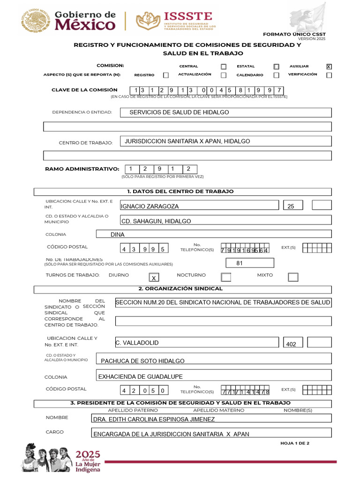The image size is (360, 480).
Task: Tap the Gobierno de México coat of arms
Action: (35, 21)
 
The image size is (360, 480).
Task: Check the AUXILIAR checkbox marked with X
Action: (329, 67)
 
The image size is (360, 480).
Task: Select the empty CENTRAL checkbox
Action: (224, 67)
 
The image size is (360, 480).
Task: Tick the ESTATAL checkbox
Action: (277, 67)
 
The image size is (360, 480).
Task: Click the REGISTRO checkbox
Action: (166, 75)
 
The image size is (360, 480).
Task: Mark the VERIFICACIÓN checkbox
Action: (329, 75)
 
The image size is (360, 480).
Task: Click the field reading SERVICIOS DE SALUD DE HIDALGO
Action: (225, 112)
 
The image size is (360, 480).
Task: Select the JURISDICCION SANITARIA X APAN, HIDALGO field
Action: (225, 141)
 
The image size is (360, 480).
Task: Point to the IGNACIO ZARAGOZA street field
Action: (200, 205)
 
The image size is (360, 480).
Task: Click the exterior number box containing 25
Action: (292, 205)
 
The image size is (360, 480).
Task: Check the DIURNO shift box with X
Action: (153, 277)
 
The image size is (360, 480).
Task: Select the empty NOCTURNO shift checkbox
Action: (226, 277)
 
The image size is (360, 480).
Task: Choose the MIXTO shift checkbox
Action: (293, 277)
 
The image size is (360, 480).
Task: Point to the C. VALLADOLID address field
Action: (197, 343)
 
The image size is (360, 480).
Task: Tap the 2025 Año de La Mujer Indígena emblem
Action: (61, 457)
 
